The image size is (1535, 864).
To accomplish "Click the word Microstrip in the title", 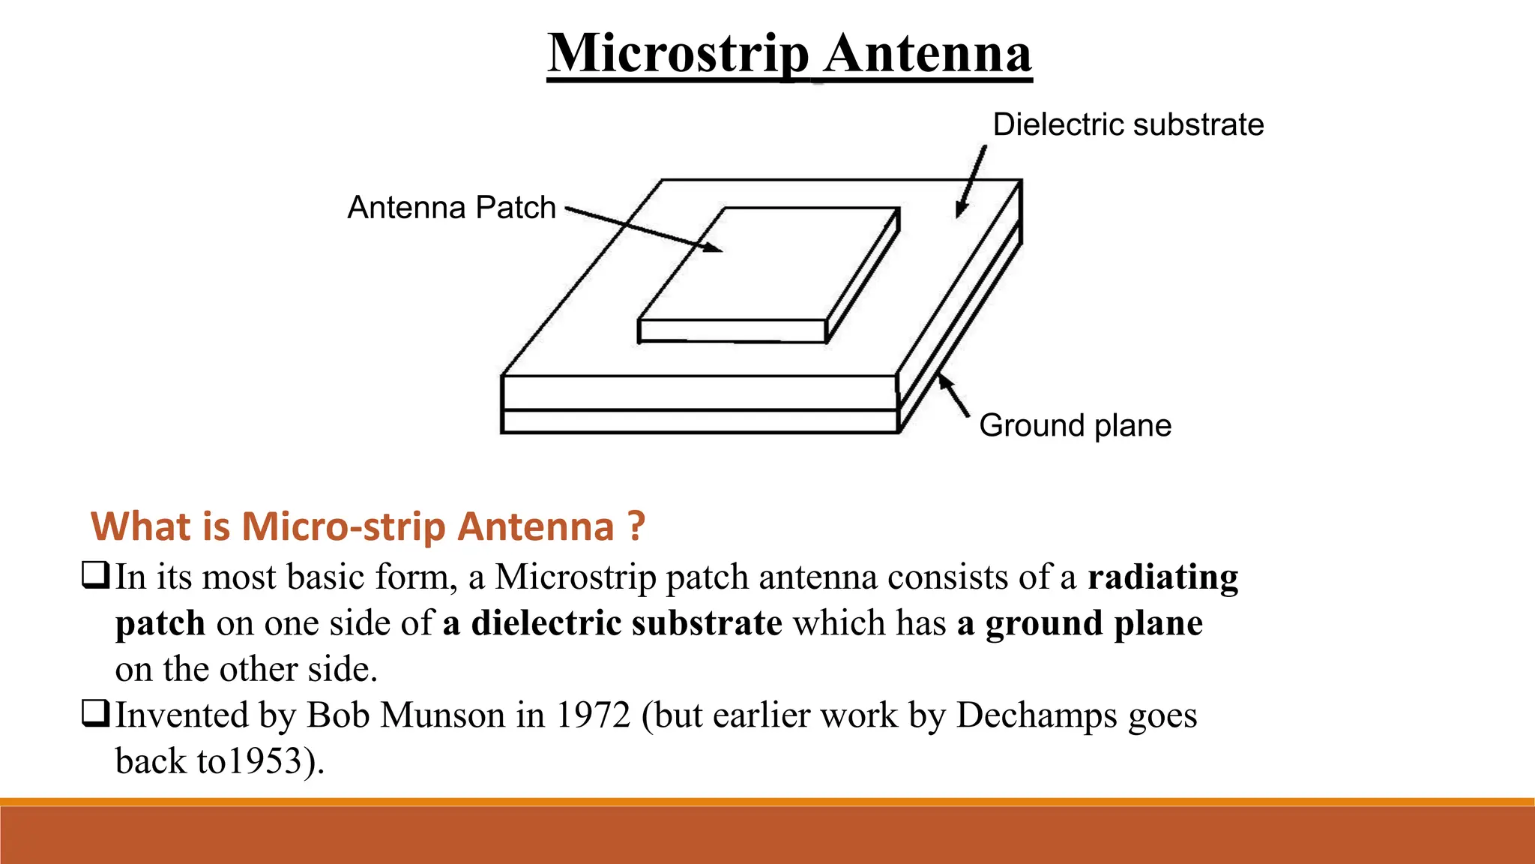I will pyautogui.click(x=678, y=54).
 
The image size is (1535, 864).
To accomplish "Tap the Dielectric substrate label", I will pyautogui.click(x=1128, y=124).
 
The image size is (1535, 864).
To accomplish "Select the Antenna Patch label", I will pyautogui.click(x=451, y=208).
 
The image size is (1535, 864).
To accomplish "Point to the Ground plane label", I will pyautogui.click(x=1075, y=426).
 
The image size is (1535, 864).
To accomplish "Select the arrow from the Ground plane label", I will pyautogui.click(x=953, y=395).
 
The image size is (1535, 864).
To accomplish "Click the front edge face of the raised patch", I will pyautogui.click(x=732, y=331).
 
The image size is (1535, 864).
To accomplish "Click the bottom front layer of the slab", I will pyautogui.click(x=699, y=421).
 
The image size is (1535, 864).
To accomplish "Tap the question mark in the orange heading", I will pyautogui.click(x=636, y=526).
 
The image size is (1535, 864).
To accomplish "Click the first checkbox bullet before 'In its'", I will pyautogui.click(x=95, y=575).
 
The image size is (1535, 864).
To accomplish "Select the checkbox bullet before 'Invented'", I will pyautogui.click(x=95, y=713).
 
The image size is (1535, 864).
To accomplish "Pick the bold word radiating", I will pyautogui.click(x=1162, y=577).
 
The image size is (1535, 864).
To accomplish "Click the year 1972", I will pyautogui.click(x=593, y=715).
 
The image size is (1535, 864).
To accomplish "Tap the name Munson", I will pyautogui.click(x=442, y=715).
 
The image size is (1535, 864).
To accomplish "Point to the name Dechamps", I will pyautogui.click(x=1037, y=716).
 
